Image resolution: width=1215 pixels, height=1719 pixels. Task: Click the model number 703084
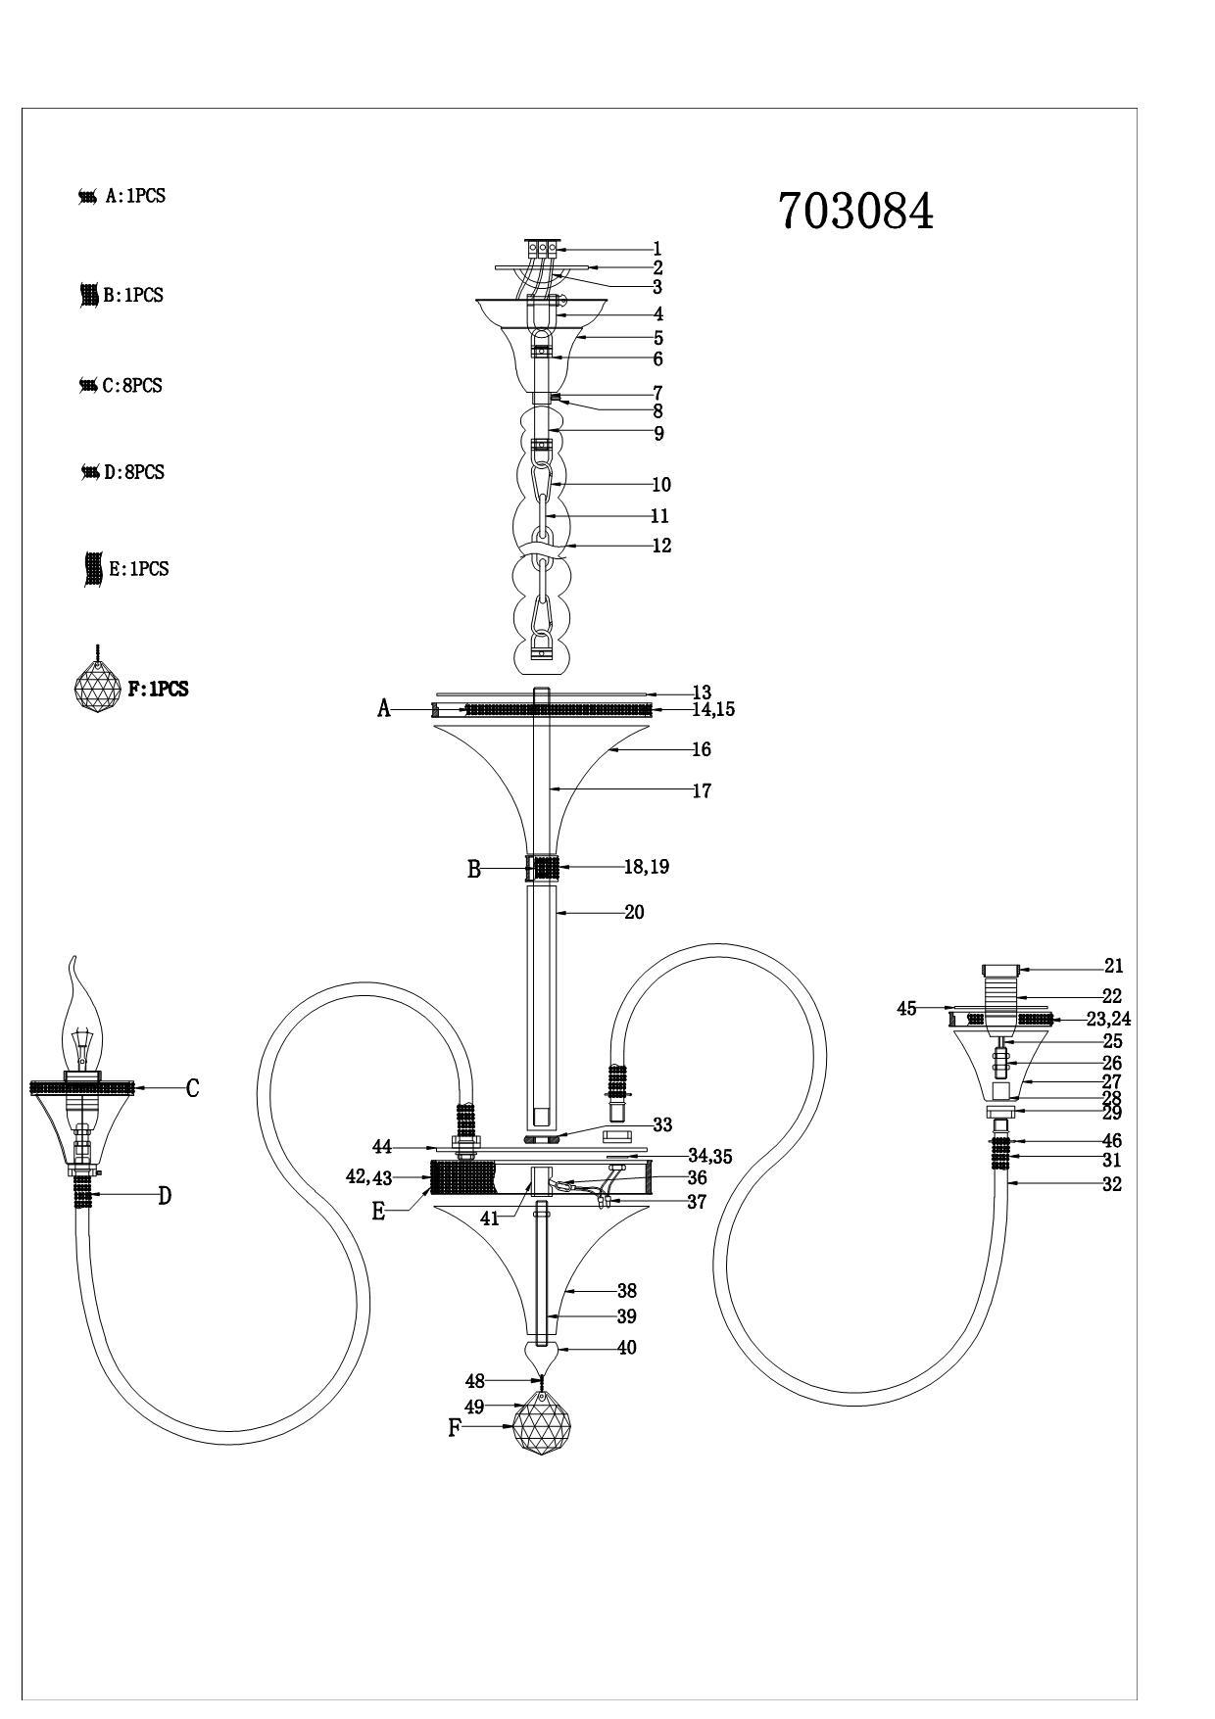tap(856, 211)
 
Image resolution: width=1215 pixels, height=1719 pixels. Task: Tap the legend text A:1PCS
tap(135, 196)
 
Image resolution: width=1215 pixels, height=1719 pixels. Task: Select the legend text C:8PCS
tap(132, 386)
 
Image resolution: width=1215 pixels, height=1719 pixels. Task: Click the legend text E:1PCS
tap(138, 569)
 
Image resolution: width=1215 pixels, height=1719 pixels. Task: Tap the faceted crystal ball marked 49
tap(542, 1427)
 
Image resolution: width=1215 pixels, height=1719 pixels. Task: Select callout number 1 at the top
tap(657, 250)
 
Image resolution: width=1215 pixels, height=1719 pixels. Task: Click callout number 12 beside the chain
tap(661, 546)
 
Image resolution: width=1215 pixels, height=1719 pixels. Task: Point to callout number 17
tap(702, 790)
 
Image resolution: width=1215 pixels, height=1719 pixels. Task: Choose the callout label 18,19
tap(647, 867)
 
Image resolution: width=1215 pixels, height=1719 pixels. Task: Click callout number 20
tap(634, 912)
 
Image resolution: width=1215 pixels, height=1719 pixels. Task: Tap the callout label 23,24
tap(1109, 1020)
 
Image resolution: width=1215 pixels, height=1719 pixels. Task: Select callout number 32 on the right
tap(1112, 1184)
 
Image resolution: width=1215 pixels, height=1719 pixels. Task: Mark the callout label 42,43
tap(368, 1178)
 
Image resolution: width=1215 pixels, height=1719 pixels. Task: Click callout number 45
tap(907, 1009)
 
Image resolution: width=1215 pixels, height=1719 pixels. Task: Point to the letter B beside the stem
tap(474, 870)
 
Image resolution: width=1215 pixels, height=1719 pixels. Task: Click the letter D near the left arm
tap(165, 1196)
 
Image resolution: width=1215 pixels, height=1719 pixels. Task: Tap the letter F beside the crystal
tap(454, 1428)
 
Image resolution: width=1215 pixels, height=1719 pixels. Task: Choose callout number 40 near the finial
tap(627, 1348)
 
